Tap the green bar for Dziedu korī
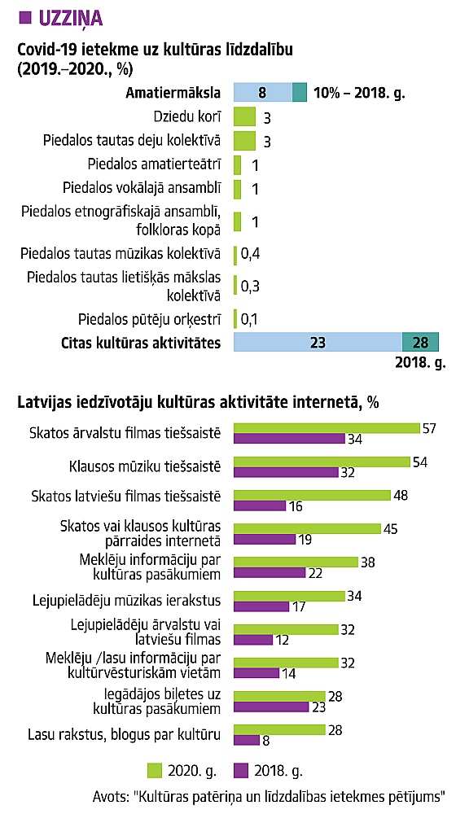point(244,116)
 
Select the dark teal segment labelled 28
point(421,343)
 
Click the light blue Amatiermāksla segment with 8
point(263,93)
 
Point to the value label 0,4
point(250,254)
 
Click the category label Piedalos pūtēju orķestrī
point(150,319)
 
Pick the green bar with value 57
point(327,428)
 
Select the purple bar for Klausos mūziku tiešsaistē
point(286,472)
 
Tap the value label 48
point(401,495)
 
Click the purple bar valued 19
point(265,540)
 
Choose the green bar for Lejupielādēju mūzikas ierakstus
point(289,596)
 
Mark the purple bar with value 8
point(247,740)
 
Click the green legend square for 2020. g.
point(155,770)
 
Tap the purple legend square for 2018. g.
point(241,770)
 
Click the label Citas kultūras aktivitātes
point(141,344)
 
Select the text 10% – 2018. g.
point(359,93)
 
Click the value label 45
point(390,529)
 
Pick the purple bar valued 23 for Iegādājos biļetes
point(272,707)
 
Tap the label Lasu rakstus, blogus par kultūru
point(124,734)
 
